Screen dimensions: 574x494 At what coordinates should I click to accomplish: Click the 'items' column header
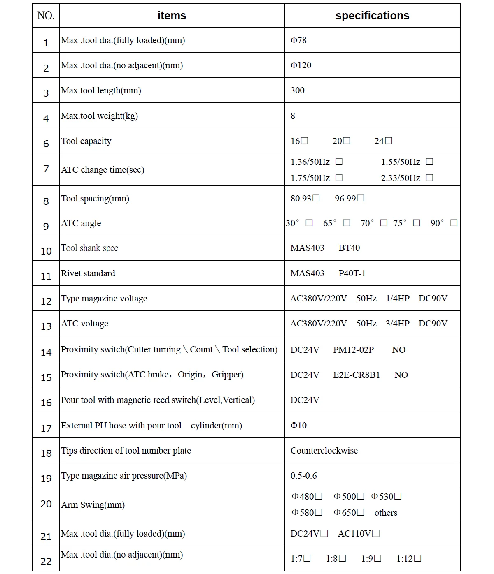click(172, 16)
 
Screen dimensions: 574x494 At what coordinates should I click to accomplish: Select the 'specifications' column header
click(372, 16)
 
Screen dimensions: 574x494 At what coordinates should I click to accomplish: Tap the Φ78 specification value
click(298, 40)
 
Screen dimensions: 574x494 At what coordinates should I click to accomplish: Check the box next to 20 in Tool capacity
click(347, 141)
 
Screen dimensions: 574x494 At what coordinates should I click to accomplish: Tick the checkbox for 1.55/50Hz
click(429, 162)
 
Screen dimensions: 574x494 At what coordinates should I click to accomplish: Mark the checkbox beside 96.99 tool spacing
click(361, 198)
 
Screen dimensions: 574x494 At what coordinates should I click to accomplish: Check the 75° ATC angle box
click(417, 223)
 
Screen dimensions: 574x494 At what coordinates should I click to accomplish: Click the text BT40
click(349, 248)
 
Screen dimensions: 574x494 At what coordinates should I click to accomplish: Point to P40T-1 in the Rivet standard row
click(352, 273)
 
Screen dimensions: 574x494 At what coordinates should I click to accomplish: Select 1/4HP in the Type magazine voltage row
click(398, 299)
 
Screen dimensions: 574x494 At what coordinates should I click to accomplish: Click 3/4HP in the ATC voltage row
click(398, 324)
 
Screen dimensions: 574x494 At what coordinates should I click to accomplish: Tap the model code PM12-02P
click(353, 350)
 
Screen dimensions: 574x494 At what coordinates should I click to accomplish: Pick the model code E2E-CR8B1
click(357, 375)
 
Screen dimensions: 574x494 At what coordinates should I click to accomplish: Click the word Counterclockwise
click(324, 451)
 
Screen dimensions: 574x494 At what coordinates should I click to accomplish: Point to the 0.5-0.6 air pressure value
click(303, 476)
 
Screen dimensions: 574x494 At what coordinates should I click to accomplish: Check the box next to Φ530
click(398, 496)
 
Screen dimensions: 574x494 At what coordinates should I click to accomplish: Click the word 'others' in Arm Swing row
click(386, 513)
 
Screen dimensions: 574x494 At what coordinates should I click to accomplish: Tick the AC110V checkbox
click(375, 534)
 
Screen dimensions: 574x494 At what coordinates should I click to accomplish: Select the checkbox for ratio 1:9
click(377, 558)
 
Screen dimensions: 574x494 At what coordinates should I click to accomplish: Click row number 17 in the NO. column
click(46, 428)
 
